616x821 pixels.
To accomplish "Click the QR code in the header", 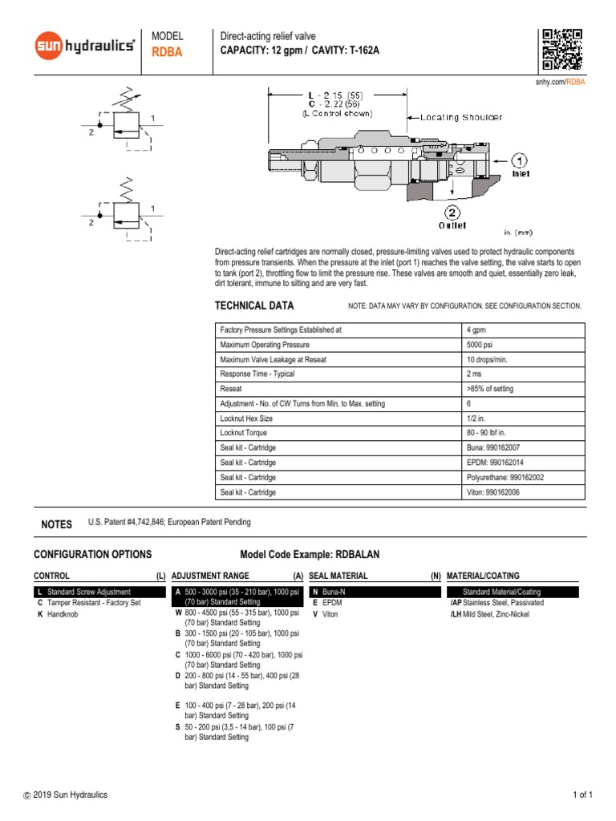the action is tap(561, 50).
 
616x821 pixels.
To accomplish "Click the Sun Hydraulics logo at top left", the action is tap(84, 47).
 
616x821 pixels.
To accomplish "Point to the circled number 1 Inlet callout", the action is tap(520, 160).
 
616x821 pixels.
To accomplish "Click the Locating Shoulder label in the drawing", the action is tap(462, 117).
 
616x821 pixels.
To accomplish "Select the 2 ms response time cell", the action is tap(474, 374).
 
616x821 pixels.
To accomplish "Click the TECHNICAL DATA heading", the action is tap(254, 305).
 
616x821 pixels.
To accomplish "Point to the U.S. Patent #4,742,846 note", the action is tap(169, 522).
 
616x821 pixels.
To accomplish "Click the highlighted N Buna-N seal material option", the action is tap(327, 592).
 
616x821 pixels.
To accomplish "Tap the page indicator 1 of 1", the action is tap(582, 795).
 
